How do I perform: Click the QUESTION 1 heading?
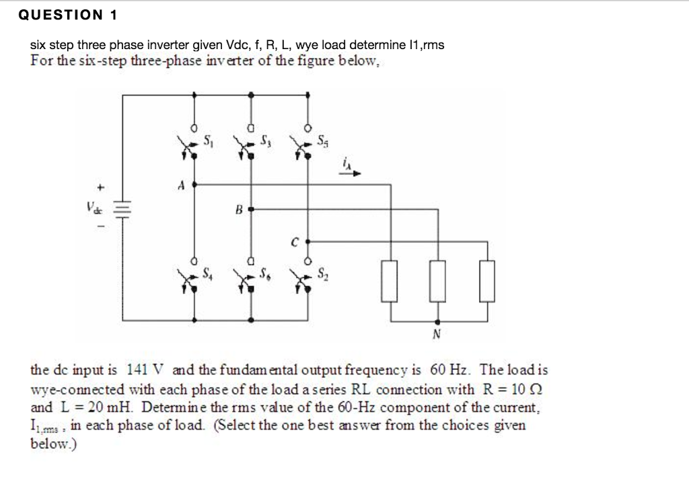67,14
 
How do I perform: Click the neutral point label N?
437,334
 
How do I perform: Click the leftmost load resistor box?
389,280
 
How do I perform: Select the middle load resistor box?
438,280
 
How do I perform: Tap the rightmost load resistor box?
487,280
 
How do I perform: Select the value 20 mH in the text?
114,408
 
